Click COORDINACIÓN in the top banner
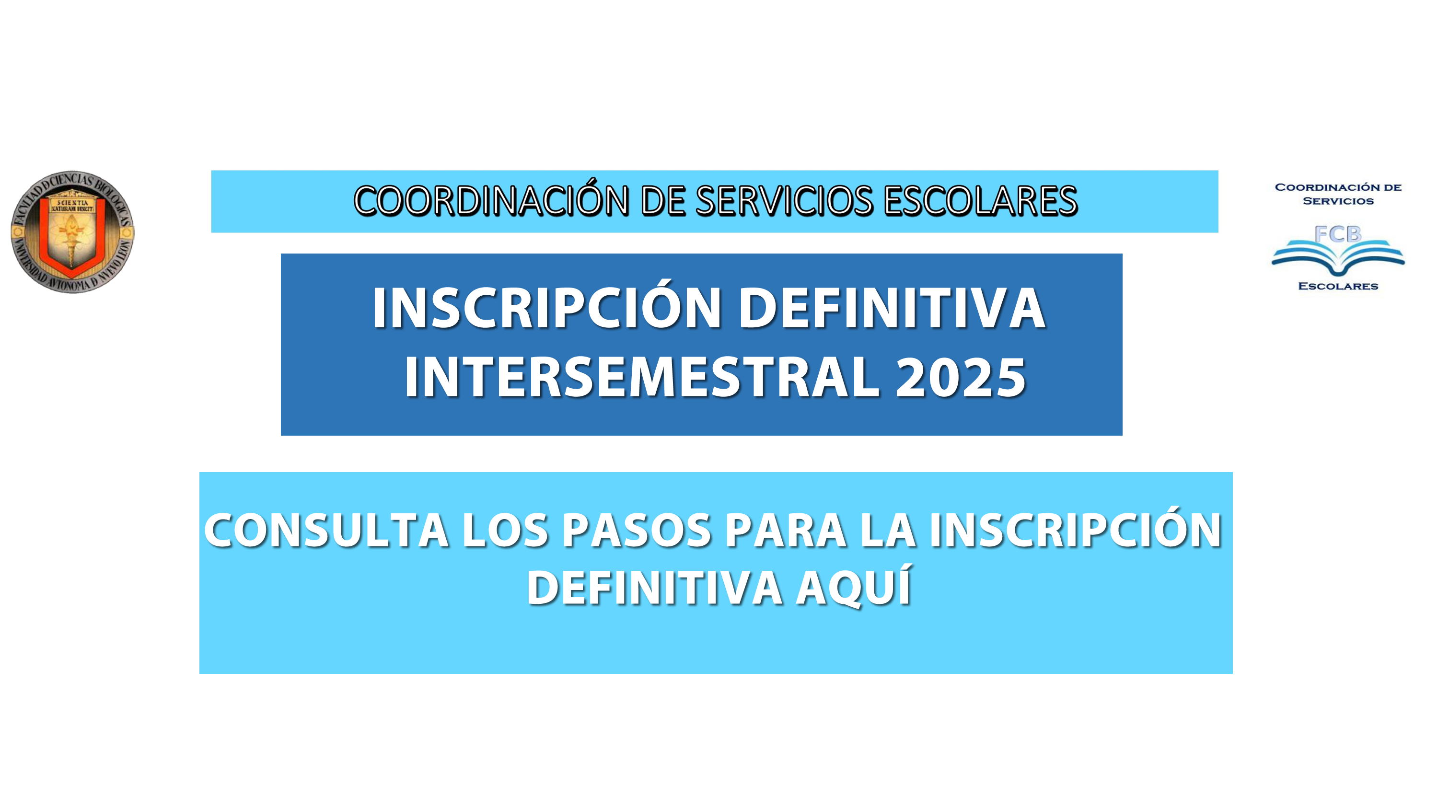(492, 201)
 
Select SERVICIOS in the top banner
(784, 201)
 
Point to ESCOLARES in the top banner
(981, 201)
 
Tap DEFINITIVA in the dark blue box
(892, 308)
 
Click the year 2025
(961, 378)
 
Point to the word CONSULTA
(327, 530)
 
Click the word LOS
(506, 530)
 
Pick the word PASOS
(637, 530)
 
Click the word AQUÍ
(854, 586)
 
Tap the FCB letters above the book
(1338, 234)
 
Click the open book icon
(1338, 256)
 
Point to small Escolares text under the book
(1338, 287)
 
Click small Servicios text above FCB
(1338, 201)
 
